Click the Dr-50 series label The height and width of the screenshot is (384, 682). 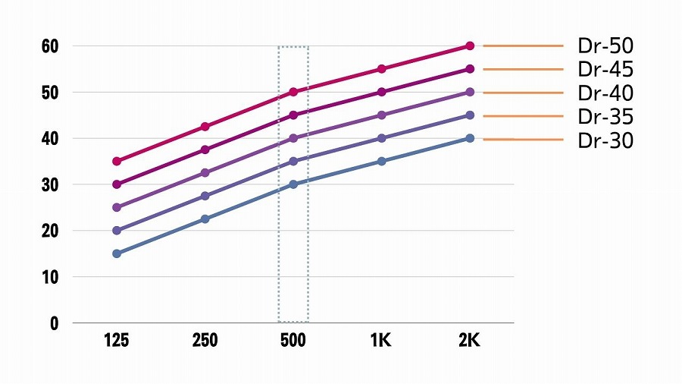click(605, 46)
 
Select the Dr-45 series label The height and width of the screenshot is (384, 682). click(605, 70)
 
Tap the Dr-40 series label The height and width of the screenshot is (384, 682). click(605, 93)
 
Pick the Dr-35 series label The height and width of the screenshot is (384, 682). click(605, 116)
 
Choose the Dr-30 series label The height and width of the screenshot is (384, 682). click(605, 140)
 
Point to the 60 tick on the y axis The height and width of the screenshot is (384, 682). click(50, 46)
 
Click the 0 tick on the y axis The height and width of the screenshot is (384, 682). click(54, 323)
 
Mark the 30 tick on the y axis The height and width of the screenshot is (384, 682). click(50, 185)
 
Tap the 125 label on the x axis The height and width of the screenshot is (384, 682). click(117, 341)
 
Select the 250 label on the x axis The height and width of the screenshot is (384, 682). click(205, 341)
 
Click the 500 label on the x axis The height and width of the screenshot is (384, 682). click(293, 341)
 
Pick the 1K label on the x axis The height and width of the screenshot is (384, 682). click(381, 341)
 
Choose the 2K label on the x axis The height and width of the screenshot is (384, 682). click(470, 341)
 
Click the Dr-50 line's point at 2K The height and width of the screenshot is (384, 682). click(470, 46)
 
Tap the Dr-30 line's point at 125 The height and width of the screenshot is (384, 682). click(117, 253)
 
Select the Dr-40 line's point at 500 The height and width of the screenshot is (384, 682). click(293, 138)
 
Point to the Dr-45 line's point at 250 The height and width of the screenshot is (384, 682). click(205, 150)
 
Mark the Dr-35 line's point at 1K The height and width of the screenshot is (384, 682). click(381, 138)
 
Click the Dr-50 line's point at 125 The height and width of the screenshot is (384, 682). click(117, 161)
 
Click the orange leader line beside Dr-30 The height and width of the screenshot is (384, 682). click(523, 140)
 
